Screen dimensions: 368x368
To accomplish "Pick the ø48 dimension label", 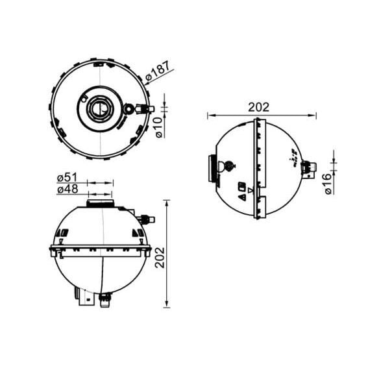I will [x=67, y=190].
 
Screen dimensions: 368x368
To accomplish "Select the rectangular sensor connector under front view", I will [x=83, y=297].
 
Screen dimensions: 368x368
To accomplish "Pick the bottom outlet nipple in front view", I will [x=104, y=300].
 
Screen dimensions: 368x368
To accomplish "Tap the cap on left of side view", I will [x=212, y=169].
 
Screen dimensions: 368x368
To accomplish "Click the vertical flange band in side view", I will [x=262, y=169].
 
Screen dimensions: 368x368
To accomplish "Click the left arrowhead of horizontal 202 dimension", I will [x=210, y=116].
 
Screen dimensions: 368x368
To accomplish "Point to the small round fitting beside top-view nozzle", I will [x=129, y=109].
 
